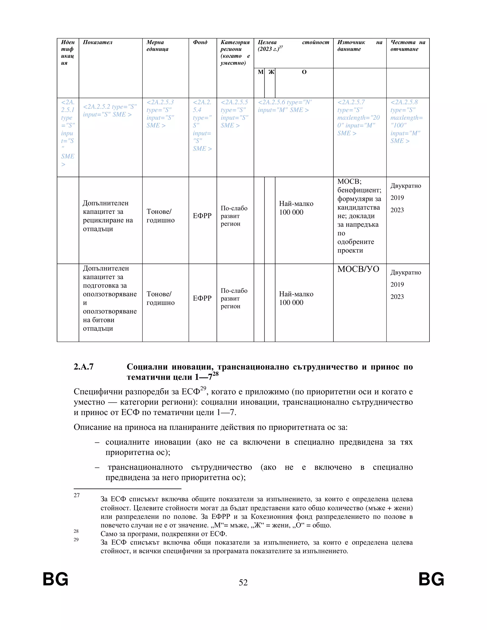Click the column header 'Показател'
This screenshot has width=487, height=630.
pos(97,42)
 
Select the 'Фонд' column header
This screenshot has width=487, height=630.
pos(200,42)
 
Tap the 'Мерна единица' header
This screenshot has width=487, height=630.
pos(157,46)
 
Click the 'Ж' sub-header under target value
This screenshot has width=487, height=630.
pos(271,72)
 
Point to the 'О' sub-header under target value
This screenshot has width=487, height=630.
pos(304,72)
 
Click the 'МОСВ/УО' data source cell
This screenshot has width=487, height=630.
pos(358,269)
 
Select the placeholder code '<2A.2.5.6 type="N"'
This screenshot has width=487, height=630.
pos(284,102)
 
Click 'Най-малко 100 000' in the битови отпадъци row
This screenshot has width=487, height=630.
pos(296,298)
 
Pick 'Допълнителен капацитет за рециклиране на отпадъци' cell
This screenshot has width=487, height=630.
pos(108,216)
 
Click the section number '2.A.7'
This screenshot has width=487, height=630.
pos(84,367)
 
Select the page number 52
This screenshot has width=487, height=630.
pos(243,582)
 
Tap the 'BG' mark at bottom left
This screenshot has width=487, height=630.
pos(55,579)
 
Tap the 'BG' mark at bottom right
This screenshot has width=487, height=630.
pos(431,579)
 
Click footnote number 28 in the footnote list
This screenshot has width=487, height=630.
pos(76,531)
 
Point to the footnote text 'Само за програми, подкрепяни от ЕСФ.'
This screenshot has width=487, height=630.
pos(164,534)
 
